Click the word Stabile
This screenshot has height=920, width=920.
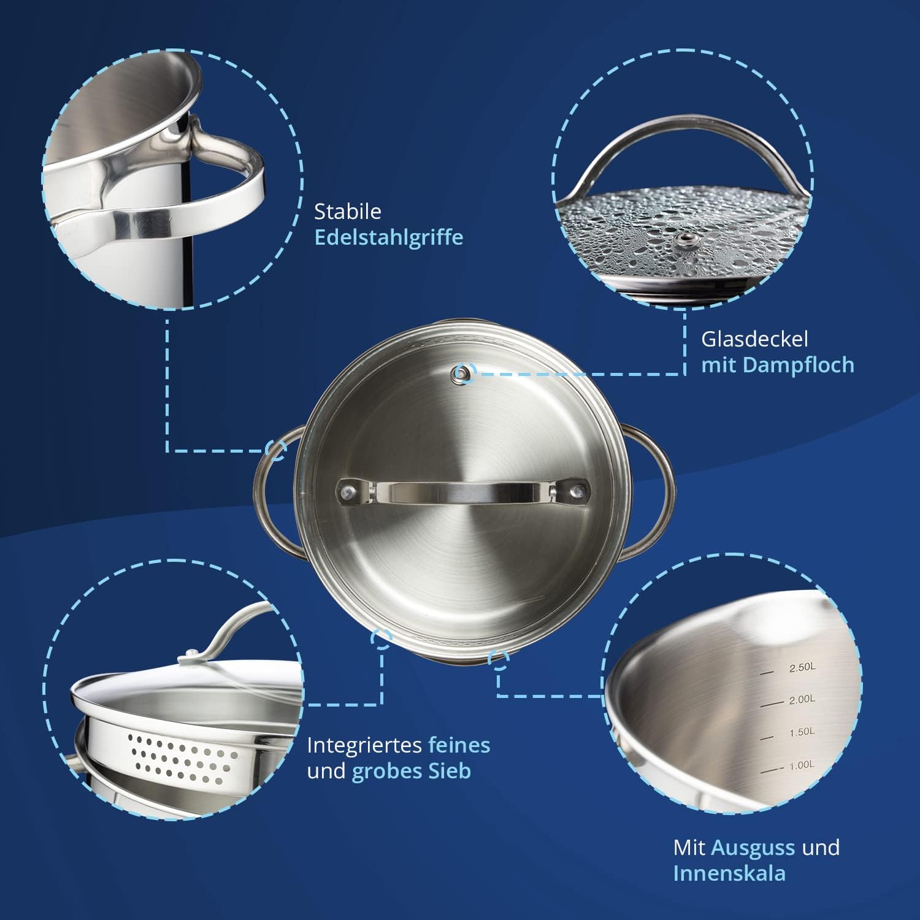pyautogui.click(x=348, y=212)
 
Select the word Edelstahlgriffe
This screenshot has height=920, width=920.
pyautogui.click(x=389, y=238)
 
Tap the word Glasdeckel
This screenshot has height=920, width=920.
pyautogui.click(x=755, y=339)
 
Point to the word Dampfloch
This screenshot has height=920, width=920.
pyautogui.click(x=799, y=366)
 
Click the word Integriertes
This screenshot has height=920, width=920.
pyautogui.click(x=364, y=746)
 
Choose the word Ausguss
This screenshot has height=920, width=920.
pyautogui.click(x=753, y=848)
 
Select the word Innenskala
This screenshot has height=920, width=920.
pyautogui.click(x=729, y=874)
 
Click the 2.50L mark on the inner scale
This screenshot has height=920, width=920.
pyautogui.click(x=802, y=667)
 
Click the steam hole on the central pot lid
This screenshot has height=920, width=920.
pyautogui.click(x=462, y=372)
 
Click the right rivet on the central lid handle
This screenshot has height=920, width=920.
pyautogui.click(x=576, y=491)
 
